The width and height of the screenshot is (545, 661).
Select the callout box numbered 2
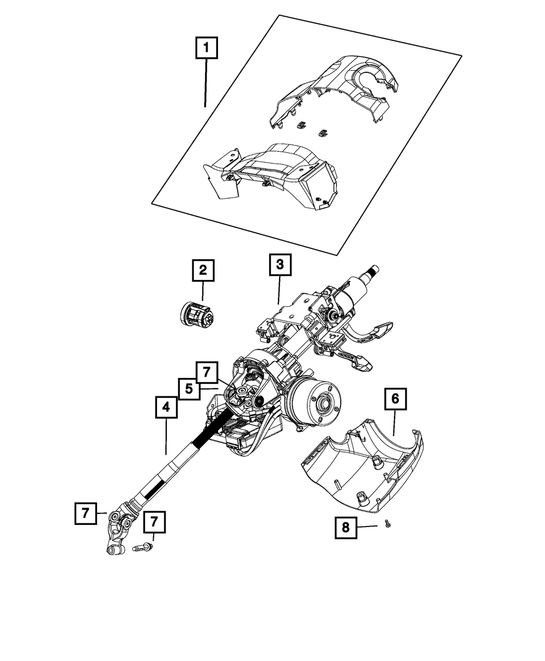point(202,269)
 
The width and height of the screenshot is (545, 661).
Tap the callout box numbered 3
point(280,265)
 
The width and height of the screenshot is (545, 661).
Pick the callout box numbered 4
point(166,407)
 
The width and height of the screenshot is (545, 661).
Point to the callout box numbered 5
point(189,389)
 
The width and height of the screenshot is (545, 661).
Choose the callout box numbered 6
point(395,399)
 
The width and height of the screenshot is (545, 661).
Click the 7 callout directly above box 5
point(207,373)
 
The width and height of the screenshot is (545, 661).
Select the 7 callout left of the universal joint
point(85,513)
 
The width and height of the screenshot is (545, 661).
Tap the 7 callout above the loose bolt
point(154,522)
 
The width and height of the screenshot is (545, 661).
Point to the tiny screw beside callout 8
point(387,524)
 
